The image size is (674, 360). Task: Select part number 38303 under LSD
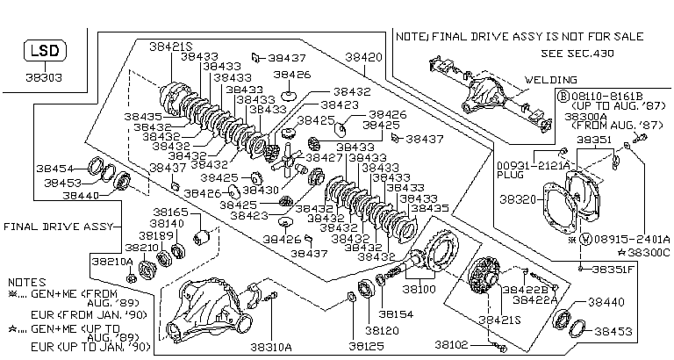point(43,76)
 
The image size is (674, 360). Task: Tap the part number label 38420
point(364,56)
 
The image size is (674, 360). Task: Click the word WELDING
point(549,79)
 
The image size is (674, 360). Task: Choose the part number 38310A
point(269,347)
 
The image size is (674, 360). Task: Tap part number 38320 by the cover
point(519,199)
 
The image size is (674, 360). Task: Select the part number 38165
point(170,212)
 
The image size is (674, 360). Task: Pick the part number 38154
point(395,313)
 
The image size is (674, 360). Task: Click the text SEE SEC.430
point(577,53)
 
